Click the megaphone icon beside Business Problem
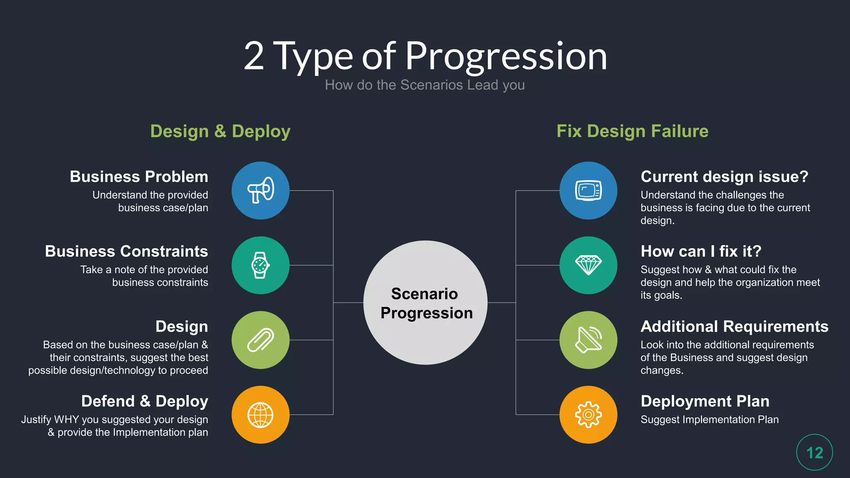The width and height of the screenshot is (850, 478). [x=261, y=190]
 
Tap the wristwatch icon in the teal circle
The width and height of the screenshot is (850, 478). [x=260, y=265]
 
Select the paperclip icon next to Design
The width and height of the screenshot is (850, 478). [x=260, y=340]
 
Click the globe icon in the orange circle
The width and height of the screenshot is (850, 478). [x=260, y=415]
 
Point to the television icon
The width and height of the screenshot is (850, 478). [x=588, y=190]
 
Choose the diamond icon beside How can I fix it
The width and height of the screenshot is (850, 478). [x=588, y=265]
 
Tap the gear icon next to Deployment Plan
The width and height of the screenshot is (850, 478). [x=588, y=415]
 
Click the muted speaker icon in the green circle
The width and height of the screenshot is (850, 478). [x=588, y=340]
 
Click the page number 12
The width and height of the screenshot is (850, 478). [x=814, y=452]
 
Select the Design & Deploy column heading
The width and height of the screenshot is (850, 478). [x=220, y=131]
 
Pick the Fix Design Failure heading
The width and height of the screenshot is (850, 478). [x=632, y=131]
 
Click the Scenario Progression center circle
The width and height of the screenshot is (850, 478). [x=425, y=303]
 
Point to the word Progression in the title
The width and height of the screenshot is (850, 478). [x=506, y=56]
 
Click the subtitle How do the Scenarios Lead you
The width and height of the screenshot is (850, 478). [x=425, y=85]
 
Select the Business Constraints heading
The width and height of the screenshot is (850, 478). [x=127, y=251]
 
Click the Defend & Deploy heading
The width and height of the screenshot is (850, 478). [x=144, y=401]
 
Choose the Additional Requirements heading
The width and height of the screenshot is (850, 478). [x=734, y=327]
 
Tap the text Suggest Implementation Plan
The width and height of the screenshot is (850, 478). [x=709, y=419]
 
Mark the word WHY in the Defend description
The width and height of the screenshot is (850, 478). [x=66, y=419]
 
